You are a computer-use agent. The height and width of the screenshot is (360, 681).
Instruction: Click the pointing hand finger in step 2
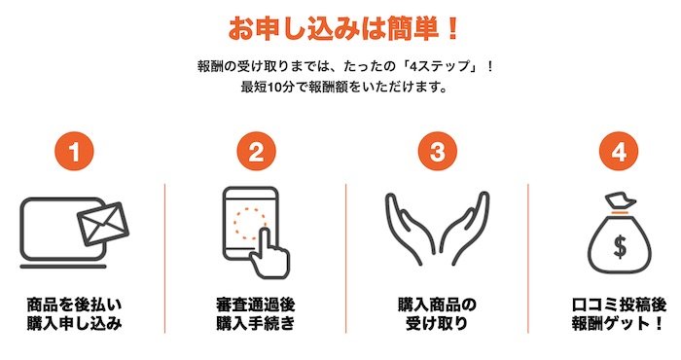(x=272, y=248)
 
